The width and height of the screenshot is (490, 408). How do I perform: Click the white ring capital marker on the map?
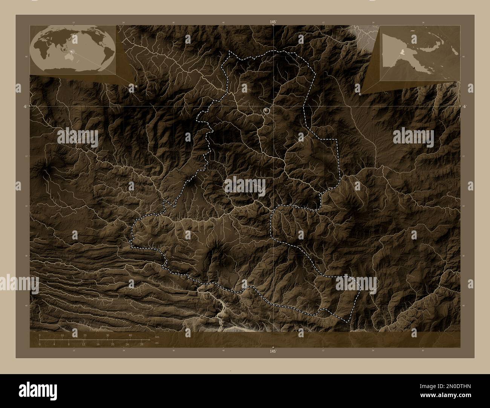pyautogui.click(x=267, y=111)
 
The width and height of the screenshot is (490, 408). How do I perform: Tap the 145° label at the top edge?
pyautogui.click(x=273, y=22)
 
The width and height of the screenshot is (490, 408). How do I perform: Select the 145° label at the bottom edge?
pyautogui.click(x=273, y=351)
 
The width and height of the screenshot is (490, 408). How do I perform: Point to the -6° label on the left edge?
pyautogui.click(x=24, y=107)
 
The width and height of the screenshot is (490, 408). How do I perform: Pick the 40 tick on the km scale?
pyautogui.click(x=130, y=335)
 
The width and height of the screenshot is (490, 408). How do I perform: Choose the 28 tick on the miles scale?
pyautogui.click(x=141, y=344)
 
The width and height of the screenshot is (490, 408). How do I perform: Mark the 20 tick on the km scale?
pyautogui.click(x=85, y=335)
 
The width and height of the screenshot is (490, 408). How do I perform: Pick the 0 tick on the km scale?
pyautogui.click(x=40, y=335)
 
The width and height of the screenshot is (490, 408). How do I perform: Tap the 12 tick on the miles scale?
pyautogui.click(x=83, y=344)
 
